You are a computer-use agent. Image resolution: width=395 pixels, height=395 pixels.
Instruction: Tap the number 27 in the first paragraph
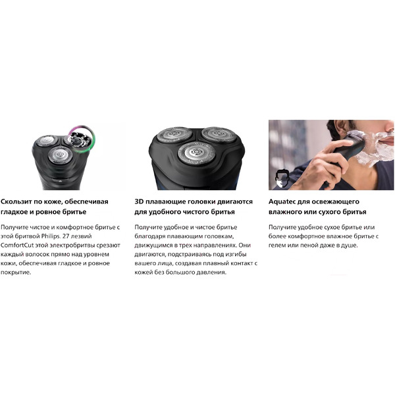pyautogui.click(x=66, y=236)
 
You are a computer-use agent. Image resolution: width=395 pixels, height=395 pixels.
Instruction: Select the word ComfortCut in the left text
pyautogui.click(x=17, y=246)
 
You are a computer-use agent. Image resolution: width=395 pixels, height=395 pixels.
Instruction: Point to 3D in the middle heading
pyautogui.click(x=139, y=201)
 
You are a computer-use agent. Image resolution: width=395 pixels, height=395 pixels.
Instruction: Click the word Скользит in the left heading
pyautogui.click(x=16, y=201)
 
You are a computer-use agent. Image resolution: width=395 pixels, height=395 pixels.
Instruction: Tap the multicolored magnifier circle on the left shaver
pyautogui.click(x=82, y=138)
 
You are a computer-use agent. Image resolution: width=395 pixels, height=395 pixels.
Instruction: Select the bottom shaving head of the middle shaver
pyautogui.click(x=196, y=153)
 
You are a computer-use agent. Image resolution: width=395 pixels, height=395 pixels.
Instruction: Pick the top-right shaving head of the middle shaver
pyautogui.click(x=219, y=134)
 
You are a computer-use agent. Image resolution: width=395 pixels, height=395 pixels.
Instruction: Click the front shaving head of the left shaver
pyautogui.click(x=60, y=155)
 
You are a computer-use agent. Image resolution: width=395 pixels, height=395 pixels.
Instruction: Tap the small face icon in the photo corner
pyautogui.click(x=281, y=178)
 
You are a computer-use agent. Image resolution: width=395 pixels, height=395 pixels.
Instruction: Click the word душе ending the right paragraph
pyautogui.click(x=350, y=246)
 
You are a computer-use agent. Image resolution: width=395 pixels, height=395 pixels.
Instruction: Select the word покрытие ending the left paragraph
pyautogui.click(x=16, y=273)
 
